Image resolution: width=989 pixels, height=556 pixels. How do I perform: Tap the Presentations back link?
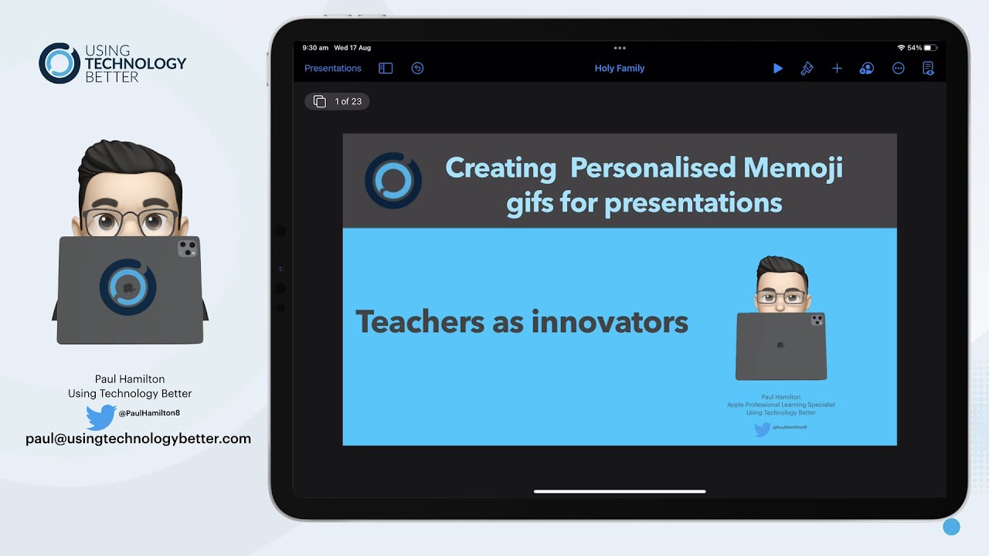[x=332, y=68]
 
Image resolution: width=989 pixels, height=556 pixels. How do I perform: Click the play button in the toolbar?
[x=777, y=68]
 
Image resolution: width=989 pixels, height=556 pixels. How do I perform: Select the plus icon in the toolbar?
[x=837, y=68]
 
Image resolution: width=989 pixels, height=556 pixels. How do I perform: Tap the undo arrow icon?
[x=417, y=68]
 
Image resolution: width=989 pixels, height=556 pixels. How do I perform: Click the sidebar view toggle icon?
[x=386, y=68]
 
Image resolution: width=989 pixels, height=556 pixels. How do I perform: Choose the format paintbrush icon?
[x=807, y=68]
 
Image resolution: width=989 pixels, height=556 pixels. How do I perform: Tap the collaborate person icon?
[x=867, y=68]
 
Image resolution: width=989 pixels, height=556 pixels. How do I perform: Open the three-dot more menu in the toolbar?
[x=898, y=68]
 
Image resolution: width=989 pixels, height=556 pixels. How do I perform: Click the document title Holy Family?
[x=619, y=68]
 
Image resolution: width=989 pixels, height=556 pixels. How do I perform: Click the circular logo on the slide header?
[x=393, y=180]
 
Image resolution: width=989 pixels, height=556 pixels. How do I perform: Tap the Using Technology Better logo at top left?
[x=112, y=63]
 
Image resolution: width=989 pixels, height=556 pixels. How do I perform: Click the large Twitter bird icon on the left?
[x=100, y=417]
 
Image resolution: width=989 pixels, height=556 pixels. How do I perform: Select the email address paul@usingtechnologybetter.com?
[x=138, y=439]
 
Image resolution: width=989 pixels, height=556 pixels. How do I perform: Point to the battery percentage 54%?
[x=914, y=48]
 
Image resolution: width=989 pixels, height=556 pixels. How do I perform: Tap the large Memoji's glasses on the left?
[x=130, y=222]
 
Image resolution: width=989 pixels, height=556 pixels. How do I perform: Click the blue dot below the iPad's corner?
[x=951, y=527]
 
